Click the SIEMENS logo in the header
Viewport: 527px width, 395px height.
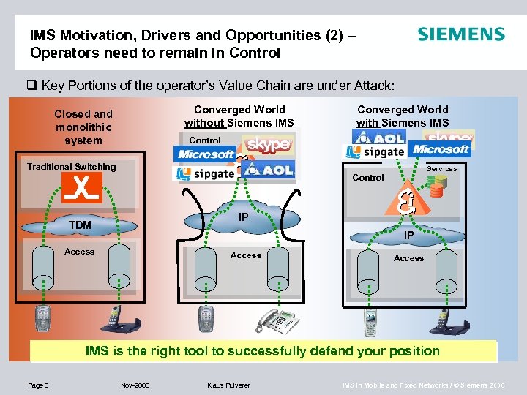coord(461,34)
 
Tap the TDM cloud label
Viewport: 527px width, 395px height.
coord(81,225)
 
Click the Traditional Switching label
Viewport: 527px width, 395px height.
coord(72,167)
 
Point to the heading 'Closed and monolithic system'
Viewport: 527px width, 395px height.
coord(83,127)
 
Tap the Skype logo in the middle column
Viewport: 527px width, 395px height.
coord(268,145)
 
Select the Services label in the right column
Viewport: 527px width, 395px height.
coord(441,169)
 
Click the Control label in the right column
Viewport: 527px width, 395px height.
coord(368,178)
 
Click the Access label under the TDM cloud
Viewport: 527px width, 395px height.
coord(80,252)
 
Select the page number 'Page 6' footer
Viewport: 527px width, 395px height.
coord(37,384)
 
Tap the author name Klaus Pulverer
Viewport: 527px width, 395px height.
coord(228,384)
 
